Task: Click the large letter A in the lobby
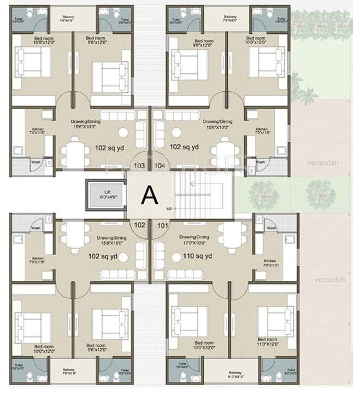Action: [x=149, y=195]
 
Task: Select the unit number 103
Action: [x=139, y=165]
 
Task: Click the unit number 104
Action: [x=160, y=165]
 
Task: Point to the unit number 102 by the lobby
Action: [x=139, y=224]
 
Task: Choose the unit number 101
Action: [x=162, y=224]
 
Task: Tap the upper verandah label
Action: [x=331, y=163]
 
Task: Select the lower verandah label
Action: [x=331, y=279]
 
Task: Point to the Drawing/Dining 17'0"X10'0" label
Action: [x=194, y=240]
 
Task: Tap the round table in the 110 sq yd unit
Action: [x=176, y=257]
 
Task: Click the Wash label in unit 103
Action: [x=36, y=162]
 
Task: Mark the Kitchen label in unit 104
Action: [x=262, y=131]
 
